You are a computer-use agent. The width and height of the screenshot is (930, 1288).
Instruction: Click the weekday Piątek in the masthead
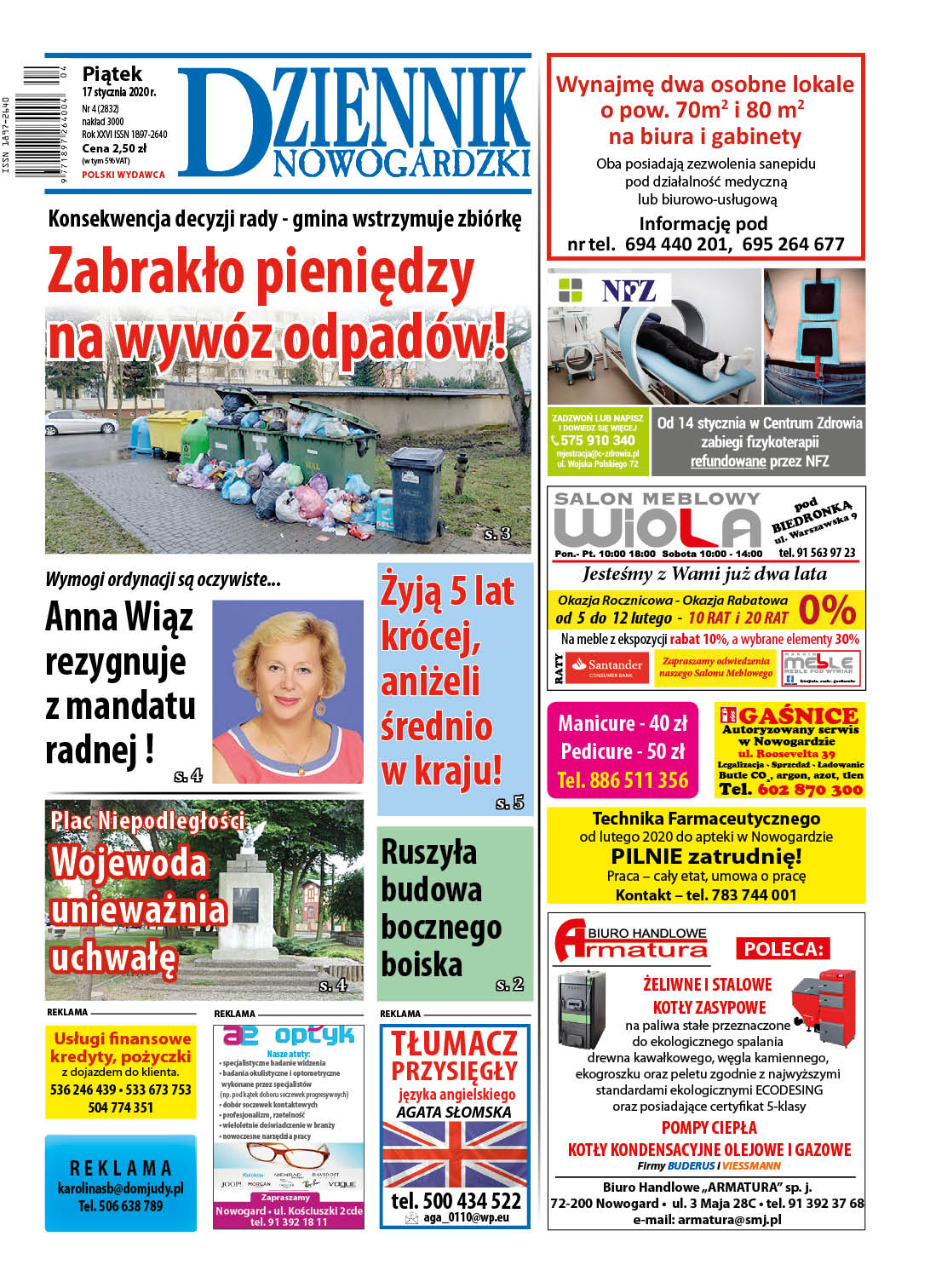[x=112, y=74]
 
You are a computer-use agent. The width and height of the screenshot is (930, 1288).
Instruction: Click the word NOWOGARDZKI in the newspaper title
[x=401, y=163]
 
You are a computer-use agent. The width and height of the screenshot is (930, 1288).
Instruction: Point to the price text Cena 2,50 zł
[x=114, y=148]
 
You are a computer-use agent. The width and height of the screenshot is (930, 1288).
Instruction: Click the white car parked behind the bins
[x=82, y=421]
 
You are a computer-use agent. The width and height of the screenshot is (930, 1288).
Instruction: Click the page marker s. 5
[x=509, y=802]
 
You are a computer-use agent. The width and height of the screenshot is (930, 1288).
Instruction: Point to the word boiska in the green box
[x=422, y=964]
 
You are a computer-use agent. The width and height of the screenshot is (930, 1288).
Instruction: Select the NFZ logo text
[x=628, y=291]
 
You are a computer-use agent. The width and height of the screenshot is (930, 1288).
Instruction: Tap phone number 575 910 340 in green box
[x=597, y=440]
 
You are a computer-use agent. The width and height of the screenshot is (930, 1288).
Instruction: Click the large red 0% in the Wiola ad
[x=826, y=610]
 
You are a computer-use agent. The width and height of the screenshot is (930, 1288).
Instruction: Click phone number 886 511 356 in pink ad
[x=623, y=780]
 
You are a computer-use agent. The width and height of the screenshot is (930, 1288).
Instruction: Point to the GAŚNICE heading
[x=797, y=716]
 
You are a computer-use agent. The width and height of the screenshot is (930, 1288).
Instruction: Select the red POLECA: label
[x=783, y=949]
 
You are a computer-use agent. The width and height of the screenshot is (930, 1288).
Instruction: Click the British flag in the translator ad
[x=455, y=1154]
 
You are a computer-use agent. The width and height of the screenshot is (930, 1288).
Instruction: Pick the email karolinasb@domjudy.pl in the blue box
[x=120, y=1188]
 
